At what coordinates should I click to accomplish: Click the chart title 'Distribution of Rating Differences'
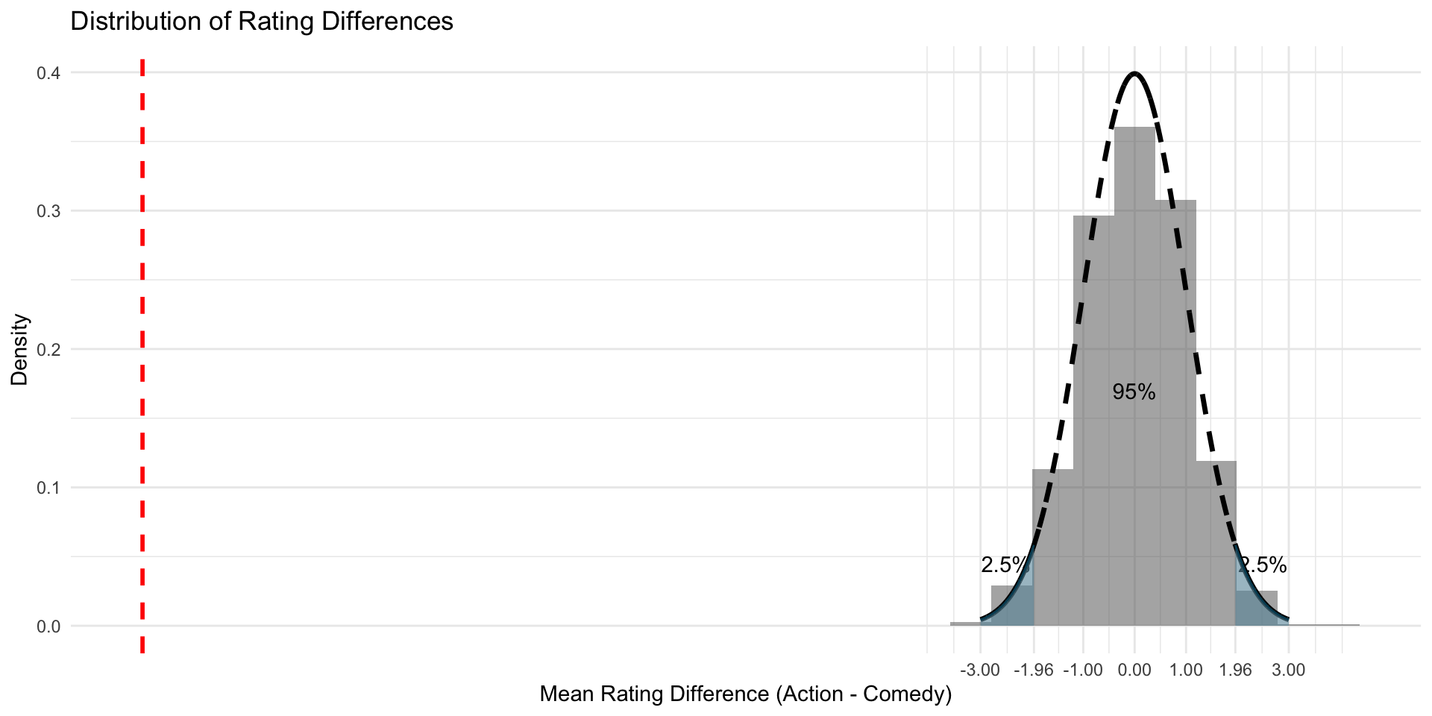[261, 21]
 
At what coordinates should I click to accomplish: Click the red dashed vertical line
[142, 351]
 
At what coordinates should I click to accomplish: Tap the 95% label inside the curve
[1134, 392]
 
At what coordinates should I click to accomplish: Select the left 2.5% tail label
[1004, 565]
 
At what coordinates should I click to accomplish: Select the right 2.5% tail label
[1263, 565]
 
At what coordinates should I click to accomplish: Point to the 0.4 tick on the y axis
[48, 73]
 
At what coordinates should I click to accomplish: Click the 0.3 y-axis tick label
[48, 211]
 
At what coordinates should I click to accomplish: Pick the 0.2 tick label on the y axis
[48, 349]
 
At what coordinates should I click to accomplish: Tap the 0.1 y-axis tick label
[48, 488]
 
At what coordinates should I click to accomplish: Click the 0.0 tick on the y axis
[48, 626]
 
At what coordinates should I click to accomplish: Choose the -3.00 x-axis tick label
[980, 670]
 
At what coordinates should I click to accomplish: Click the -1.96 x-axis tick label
[1033, 670]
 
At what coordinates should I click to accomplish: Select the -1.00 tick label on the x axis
[1083, 670]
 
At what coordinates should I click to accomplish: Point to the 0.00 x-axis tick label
[1134, 670]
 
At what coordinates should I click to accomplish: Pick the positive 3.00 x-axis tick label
[1289, 670]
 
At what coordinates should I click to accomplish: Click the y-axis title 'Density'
[20, 349]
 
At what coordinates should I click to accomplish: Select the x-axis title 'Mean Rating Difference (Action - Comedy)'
[745, 694]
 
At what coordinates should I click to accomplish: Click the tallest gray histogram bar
[1134, 373]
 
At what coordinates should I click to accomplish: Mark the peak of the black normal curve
[1134, 73]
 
